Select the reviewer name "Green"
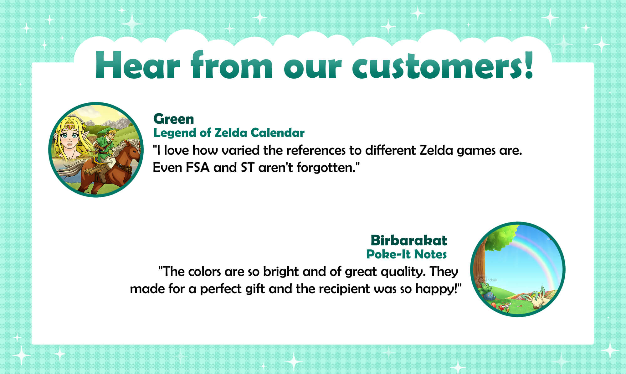(x=174, y=119)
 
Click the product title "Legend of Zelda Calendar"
(x=229, y=133)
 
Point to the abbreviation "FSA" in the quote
(x=198, y=168)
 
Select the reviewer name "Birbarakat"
(x=409, y=241)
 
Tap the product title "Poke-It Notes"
(x=406, y=254)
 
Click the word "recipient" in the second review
(x=344, y=289)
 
